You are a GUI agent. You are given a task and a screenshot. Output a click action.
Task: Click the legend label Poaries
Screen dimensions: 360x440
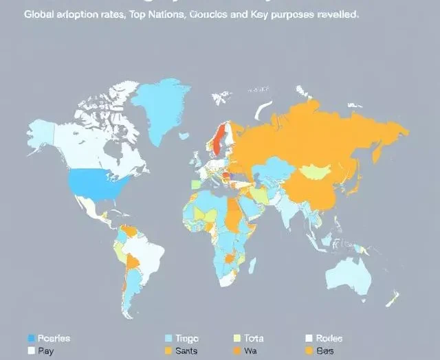54,338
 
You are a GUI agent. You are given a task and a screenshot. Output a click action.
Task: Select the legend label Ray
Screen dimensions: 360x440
45,350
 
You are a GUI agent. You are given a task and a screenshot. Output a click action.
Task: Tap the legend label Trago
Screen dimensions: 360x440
188,338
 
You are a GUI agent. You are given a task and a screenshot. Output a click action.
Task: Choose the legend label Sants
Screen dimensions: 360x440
188,350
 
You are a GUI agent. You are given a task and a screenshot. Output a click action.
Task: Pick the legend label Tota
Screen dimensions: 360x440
254,338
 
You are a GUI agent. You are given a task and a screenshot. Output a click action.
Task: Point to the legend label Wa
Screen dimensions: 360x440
250,350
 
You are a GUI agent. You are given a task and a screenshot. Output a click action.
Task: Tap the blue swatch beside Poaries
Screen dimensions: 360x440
30,338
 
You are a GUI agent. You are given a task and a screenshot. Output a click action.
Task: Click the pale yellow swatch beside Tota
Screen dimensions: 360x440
237,338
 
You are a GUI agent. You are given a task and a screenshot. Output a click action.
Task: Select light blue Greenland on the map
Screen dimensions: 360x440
162,103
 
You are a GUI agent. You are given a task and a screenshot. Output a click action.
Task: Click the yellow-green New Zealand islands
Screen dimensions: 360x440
393,297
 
